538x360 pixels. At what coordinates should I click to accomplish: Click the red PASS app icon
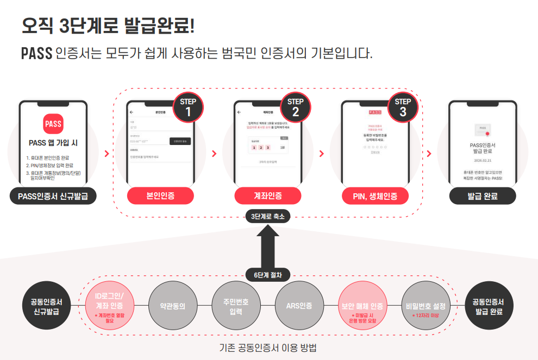(53, 124)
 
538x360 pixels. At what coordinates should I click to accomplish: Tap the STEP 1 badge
(188, 107)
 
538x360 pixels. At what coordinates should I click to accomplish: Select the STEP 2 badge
(295, 107)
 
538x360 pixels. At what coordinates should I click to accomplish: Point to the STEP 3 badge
(403, 107)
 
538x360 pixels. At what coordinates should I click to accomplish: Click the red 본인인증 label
(160, 196)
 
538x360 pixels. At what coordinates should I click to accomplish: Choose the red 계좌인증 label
(268, 196)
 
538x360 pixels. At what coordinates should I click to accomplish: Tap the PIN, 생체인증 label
(376, 196)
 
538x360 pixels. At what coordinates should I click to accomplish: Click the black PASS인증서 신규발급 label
(53, 196)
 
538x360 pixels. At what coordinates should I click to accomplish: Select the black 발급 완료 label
(483, 196)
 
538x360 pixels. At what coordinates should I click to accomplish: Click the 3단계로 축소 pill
(268, 216)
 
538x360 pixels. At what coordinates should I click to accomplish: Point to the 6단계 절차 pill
(268, 275)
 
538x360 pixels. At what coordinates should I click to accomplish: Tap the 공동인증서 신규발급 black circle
(46, 306)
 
